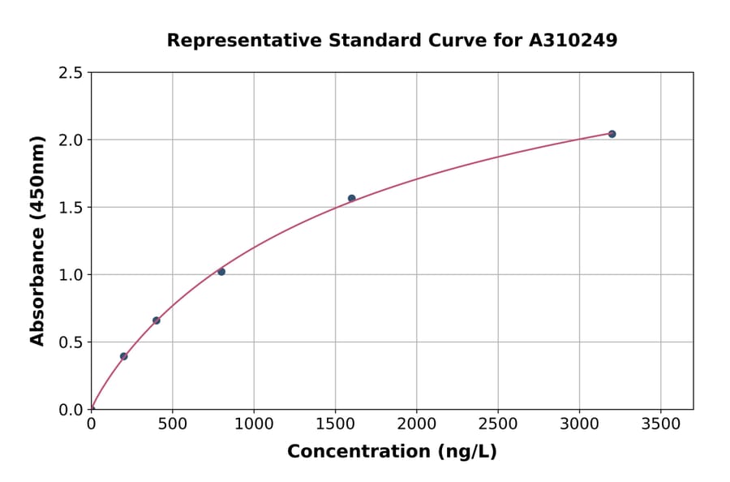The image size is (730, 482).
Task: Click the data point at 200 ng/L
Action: [x=123, y=356]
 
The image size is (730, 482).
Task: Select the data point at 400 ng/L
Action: [x=157, y=321]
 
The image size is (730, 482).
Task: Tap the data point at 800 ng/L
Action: [x=221, y=272]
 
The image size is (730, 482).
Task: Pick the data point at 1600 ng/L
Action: [x=351, y=198]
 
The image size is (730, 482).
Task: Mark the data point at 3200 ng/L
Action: [x=612, y=134]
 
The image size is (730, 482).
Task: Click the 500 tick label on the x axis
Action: [x=172, y=424]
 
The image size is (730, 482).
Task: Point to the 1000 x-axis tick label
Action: [x=254, y=424]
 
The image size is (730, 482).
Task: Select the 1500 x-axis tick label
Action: [x=335, y=424]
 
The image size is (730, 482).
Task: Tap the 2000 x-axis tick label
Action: [x=416, y=424]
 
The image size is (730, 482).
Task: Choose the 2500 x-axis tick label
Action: [x=498, y=424]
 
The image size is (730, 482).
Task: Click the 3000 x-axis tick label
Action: [x=579, y=424]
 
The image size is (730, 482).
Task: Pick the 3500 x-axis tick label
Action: [x=660, y=424]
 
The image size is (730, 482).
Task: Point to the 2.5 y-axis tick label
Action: [x=71, y=73]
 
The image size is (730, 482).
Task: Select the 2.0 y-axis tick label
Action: [x=71, y=140]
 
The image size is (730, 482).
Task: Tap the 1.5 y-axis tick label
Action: [x=71, y=208]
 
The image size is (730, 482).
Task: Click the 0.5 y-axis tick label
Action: [x=71, y=342]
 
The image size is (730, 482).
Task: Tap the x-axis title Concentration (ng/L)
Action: [x=392, y=452]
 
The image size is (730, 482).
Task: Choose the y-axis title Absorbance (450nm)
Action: [x=37, y=241]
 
